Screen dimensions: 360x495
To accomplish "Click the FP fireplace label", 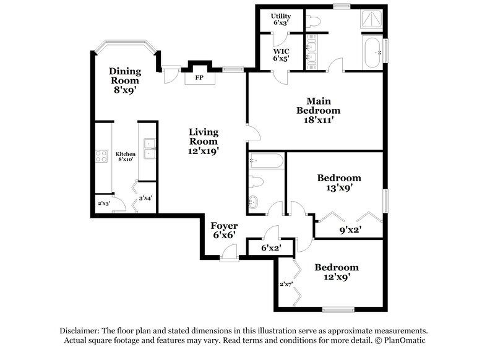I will [x=199, y=79].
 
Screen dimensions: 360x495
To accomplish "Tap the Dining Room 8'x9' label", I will [x=125, y=80].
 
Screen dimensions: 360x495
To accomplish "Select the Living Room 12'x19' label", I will [x=204, y=140].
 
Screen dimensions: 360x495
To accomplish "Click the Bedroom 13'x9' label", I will [x=338, y=182].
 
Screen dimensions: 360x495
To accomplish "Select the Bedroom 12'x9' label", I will [x=336, y=272].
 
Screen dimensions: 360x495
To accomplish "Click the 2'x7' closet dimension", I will [x=286, y=285].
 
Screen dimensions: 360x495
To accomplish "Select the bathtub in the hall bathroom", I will [x=265, y=162].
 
